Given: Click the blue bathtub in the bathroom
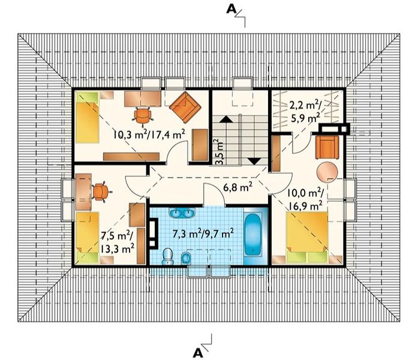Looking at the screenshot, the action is [x=252, y=235].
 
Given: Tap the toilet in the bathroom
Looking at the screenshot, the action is [x=167, y=256].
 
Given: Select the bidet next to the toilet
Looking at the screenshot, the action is [x=185, y=258].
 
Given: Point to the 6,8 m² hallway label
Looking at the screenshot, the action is [x=238, y=188].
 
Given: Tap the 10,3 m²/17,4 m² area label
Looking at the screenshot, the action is [x=149, y=134].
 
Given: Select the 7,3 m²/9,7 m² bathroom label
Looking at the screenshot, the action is [x=203, y=233].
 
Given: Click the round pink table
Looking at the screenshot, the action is [x=327, y=172].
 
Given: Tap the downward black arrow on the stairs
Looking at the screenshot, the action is [x=254, y=161].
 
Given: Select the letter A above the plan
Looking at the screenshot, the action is [x=231, y=10].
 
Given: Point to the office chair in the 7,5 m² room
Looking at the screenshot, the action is [x=101, y=191].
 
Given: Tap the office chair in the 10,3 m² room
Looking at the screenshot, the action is [x=143, y=116].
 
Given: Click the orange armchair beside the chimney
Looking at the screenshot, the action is [x=327, y=147].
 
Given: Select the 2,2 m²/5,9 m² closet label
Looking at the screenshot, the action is [x=305, y=112].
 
